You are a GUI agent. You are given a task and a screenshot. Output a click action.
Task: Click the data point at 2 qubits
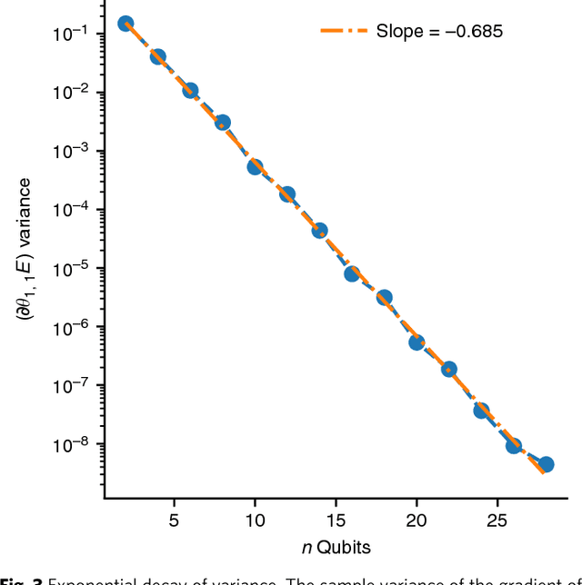(x=125, y=24)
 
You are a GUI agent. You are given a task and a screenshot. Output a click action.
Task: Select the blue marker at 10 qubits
(x=255, y=167)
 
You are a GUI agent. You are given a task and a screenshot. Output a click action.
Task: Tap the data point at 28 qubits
(x=546, y=464)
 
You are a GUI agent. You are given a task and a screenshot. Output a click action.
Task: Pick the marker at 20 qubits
(x=416, y=342)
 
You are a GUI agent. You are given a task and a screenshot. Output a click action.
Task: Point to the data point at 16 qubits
(x=352, y=273)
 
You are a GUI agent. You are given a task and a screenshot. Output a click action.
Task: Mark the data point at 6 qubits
(x=190, y=91)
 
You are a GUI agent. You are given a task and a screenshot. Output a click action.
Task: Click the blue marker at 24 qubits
(x=481, y=411)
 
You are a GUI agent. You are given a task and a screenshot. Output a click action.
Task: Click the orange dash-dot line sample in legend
(x=344, y=32)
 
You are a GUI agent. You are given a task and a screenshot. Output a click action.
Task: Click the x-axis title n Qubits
(x=336, y=547)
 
